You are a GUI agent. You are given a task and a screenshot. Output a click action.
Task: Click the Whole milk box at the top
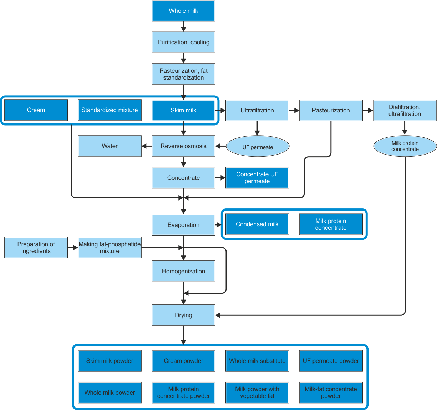pos(183,11)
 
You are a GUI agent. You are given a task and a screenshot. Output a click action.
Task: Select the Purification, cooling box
pos(183,42)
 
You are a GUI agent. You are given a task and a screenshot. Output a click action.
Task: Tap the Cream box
pos(36,110)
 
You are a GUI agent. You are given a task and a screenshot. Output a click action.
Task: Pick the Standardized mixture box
pos(110,110)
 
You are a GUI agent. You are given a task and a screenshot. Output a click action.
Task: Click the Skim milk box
pos(183,110)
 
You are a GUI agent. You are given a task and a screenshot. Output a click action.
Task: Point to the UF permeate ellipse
pos(258,146)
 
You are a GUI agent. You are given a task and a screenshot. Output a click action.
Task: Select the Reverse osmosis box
pos(183,146)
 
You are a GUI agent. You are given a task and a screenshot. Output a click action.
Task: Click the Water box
pos(110,146)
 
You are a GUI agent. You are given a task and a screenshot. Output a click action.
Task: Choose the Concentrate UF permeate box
pos(257,178)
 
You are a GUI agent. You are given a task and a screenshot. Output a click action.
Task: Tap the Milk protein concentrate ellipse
pos(405,146)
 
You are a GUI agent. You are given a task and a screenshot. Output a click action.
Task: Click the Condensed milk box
pos(257,224)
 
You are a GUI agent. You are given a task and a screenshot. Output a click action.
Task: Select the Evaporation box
pos(183,225)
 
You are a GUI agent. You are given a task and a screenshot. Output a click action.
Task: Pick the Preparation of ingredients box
pos(36,248)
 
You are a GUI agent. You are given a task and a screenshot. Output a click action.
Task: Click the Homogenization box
pos(183,271)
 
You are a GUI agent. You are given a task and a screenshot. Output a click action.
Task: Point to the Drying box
pos(183,315)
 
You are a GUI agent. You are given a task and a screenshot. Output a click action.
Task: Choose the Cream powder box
pos(183,361)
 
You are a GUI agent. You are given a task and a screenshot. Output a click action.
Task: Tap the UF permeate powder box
pos(331,361)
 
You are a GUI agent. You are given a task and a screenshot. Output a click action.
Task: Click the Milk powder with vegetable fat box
pos(257,393)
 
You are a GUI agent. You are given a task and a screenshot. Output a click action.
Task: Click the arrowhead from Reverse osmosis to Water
pos(144,146)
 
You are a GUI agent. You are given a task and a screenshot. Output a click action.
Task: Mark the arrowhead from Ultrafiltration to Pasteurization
pos(296,110)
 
